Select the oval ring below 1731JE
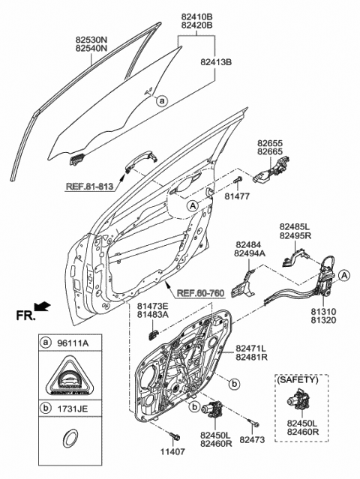69,439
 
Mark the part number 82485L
295,225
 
